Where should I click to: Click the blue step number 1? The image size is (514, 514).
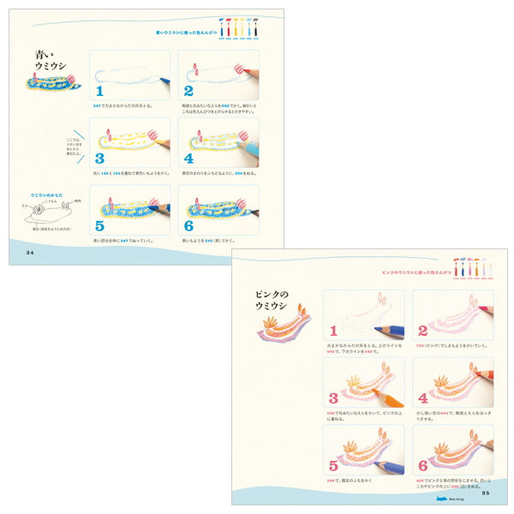tap(99, 90)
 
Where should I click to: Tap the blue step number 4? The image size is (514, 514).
tap(188, 158)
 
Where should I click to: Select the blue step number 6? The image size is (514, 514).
tap(188, 226)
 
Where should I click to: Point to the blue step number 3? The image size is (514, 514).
tap(99, 158)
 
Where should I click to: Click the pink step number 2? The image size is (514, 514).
tap(422, 330)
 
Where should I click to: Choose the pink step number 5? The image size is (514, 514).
tap(334, 465)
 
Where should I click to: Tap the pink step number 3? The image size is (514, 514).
tap(334, 397)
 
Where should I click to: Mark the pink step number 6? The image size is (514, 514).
tap(422, 465)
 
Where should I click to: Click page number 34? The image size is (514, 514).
tap(30, 252)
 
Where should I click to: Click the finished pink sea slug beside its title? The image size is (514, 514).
tap(286, 326)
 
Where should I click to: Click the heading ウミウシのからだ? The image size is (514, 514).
tap(47, 195)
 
